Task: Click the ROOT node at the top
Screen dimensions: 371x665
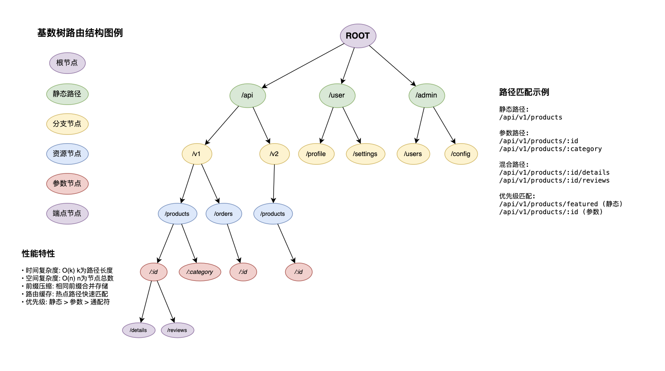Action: click(x=358, y=36)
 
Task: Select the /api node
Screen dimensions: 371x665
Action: click(x=248, y=95)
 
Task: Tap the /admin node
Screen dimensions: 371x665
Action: click(x=427, y=95)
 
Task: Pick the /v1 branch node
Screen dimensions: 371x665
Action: click(x=197, y=154)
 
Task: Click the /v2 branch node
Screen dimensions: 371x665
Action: click(x=274, y=154)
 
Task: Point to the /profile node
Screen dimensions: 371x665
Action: click(x=316, y=154)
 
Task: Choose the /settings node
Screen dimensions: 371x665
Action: click(x=365, y=154)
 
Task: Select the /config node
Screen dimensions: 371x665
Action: click(x=461, y=154)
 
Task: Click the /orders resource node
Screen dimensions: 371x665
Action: click(x=223, y=214)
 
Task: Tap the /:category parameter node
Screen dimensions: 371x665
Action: click(x=200, y=272)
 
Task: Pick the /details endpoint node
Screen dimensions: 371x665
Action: click(x=138, y=330)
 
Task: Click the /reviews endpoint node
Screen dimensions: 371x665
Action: click(x=177, y=330)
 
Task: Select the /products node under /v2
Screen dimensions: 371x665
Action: click(x=273, y=214)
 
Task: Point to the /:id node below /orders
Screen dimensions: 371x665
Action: click(x=243, y=272)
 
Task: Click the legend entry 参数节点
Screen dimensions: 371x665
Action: click(x=67, y=184)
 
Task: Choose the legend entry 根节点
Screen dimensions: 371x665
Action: click(x=67, y=63)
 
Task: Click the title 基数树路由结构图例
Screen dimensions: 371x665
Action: click(x=80, y=33)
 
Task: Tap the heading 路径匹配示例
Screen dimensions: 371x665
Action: click(x=524, y=92)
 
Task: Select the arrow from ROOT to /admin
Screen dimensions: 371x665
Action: click(x=392, y=66)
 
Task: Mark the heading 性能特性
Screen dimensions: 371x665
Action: click(x=38, y=254)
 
